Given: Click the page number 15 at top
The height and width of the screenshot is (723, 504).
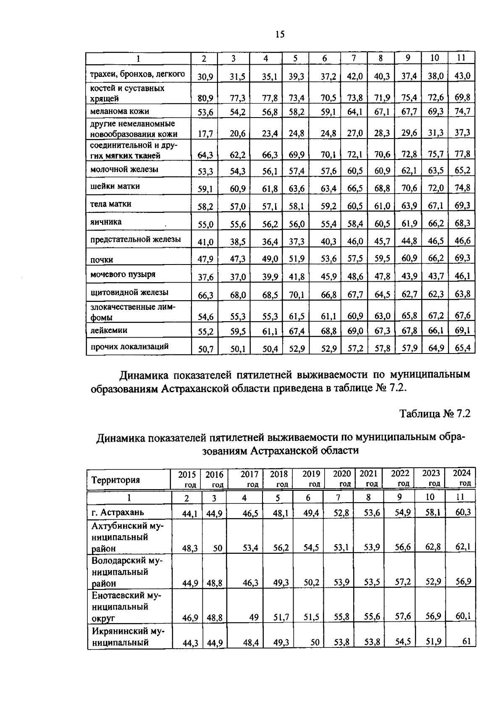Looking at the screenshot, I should (280, 34).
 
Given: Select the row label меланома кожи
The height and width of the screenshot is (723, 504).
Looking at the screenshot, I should (120, 111).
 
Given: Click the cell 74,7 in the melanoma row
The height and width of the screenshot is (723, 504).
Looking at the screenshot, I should (462, 111).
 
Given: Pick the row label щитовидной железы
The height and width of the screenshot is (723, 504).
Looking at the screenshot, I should (129, 292).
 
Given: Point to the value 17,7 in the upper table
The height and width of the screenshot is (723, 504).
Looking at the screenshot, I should (205, 134).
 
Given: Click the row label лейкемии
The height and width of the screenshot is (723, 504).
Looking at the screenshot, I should (109, 330).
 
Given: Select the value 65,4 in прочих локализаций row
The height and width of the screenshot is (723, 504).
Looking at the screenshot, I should (462, 348).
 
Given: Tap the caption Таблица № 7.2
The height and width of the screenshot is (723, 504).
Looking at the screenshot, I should (435, 414).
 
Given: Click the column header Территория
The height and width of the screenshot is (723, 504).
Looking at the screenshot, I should (115, 480).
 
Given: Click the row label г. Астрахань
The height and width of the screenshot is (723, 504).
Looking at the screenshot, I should (118, 512).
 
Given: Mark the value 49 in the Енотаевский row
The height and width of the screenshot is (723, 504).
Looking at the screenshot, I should (254, 617).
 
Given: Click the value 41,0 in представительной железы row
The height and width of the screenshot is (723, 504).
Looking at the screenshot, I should (205, 242).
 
